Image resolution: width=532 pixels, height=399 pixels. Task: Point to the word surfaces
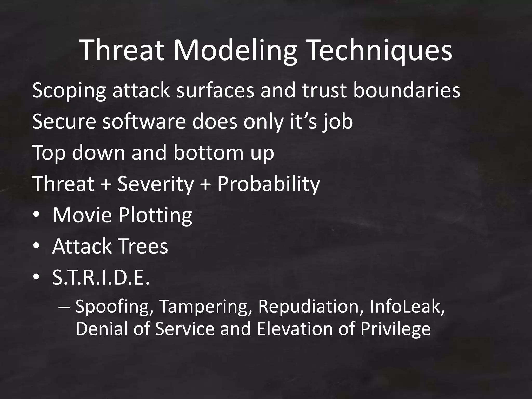coord(215,90)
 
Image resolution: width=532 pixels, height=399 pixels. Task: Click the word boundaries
coord(407,90)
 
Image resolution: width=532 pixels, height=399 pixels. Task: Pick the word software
coord(144,122)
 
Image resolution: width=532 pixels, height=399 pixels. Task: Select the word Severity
coord(156,184)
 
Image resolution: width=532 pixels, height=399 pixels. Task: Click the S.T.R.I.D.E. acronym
coord(101,277)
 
